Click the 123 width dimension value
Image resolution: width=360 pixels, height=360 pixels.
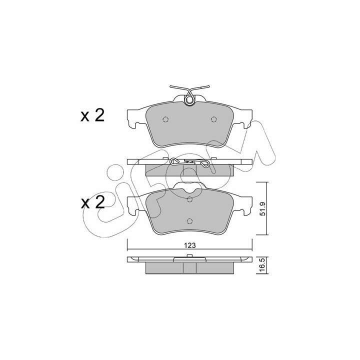tap(189, 245)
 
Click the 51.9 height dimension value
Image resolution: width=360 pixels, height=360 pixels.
tap(263, 208)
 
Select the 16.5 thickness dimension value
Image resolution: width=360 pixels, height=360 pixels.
tap(263, 265)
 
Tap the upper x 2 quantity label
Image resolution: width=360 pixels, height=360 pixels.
tap(92, 115)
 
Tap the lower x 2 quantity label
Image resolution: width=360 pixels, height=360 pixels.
tap(92, 202)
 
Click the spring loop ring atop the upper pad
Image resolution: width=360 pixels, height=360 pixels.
tap(189, 100)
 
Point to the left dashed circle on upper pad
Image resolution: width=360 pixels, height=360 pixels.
tap(165, 119)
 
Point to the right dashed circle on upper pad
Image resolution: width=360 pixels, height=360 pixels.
tap(214, 119)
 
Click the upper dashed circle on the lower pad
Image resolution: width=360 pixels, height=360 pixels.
tap(189, 199)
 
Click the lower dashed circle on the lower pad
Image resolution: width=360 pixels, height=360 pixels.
tap(189, 221)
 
